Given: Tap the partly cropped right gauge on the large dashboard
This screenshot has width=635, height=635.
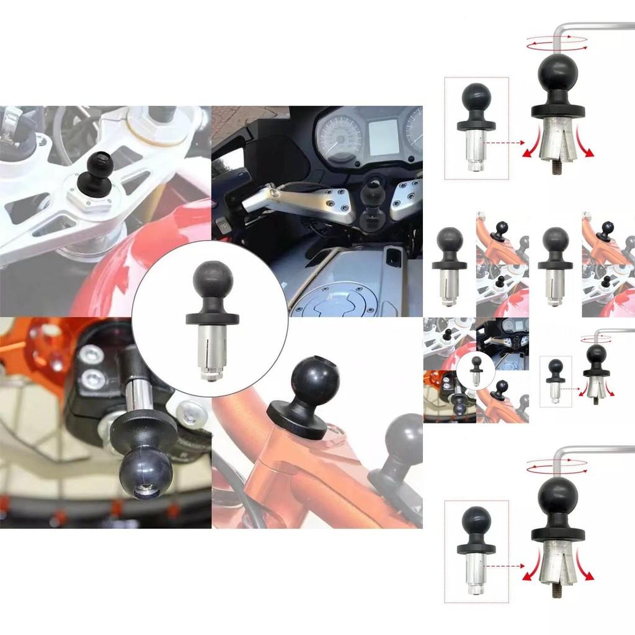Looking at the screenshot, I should coord(414,130).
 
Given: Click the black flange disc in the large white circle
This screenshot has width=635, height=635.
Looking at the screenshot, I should coord(212,319).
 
